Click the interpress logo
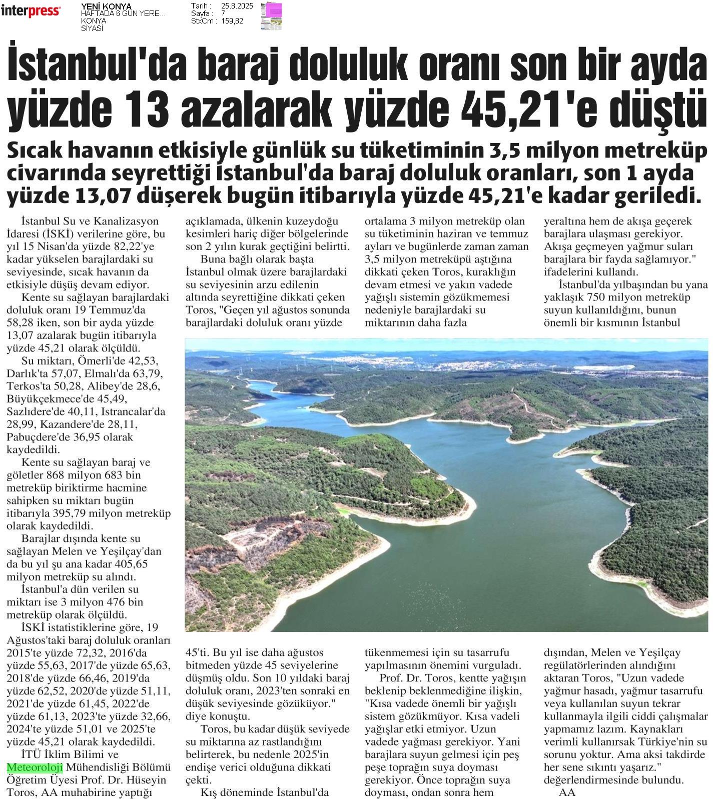(x=31, y=11)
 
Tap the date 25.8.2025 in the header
(x=237, y=6)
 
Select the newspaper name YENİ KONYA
(x=106, y=6)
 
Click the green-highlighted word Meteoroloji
(x=35, y=767)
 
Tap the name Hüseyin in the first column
(x=149, y=779)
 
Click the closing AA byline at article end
(x=567, y=792)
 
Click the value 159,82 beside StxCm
(x=232, y=21)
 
